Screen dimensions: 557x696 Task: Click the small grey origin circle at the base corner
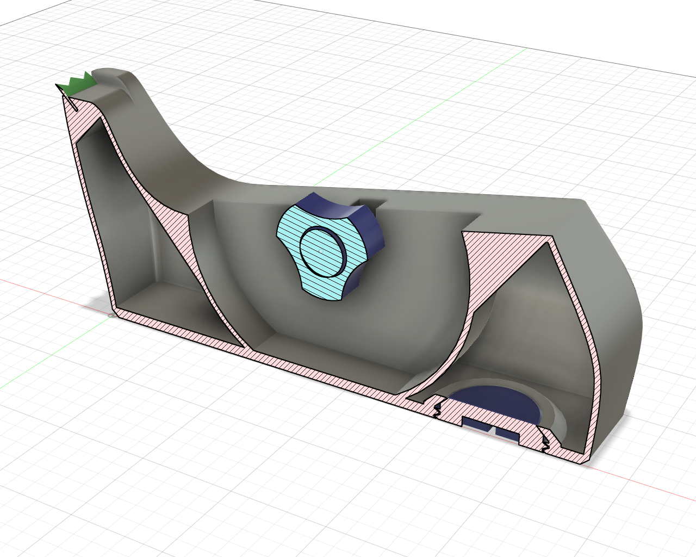click(x=110, y=314)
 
